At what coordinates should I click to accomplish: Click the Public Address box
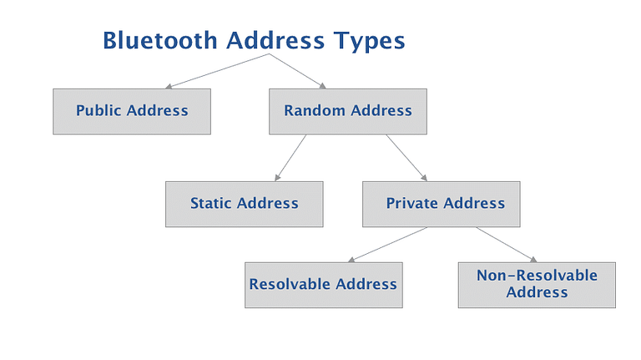pos(132,111)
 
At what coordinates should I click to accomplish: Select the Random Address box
pos(348,111)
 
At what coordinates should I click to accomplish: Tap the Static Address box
pos(245,203)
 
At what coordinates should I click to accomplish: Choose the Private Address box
pos(441,203)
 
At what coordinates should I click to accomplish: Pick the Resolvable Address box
pos(323,285)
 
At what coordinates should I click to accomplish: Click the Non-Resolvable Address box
pos(537,285)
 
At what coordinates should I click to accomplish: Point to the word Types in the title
pos(368,40)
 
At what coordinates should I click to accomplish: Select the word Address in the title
pos(270,40)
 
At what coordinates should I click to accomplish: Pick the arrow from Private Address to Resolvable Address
pos(388,245)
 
